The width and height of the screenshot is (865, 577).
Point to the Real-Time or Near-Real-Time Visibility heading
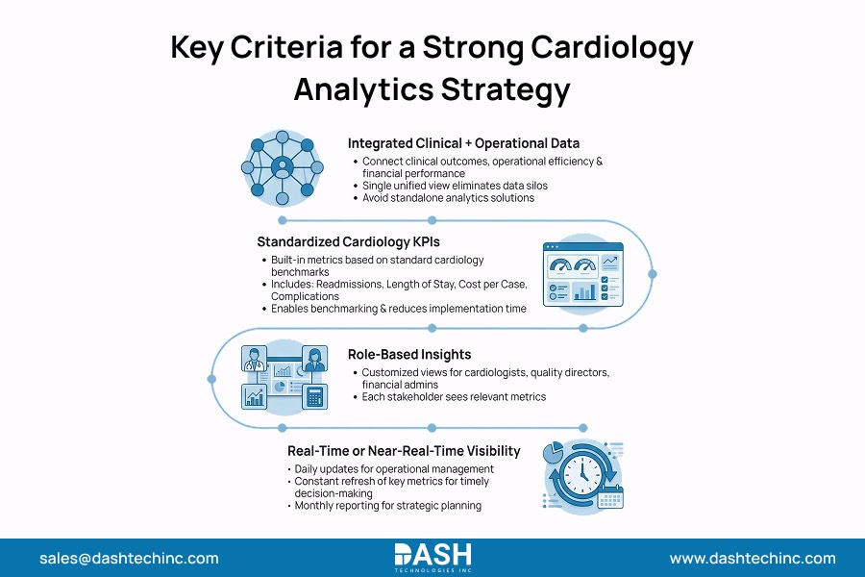403,450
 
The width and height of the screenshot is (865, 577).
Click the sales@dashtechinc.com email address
129,558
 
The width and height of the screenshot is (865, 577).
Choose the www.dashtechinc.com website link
753,558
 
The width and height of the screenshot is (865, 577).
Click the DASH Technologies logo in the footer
432,557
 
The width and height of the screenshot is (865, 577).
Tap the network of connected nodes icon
282,166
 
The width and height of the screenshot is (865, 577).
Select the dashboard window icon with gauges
582,274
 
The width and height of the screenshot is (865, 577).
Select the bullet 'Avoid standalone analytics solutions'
448,198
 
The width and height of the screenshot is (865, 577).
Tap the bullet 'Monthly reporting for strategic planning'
387,505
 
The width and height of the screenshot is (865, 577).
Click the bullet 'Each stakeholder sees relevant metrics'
454,396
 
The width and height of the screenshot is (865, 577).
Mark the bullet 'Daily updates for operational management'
394,469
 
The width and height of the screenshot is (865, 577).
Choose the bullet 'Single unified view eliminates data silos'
455,186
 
